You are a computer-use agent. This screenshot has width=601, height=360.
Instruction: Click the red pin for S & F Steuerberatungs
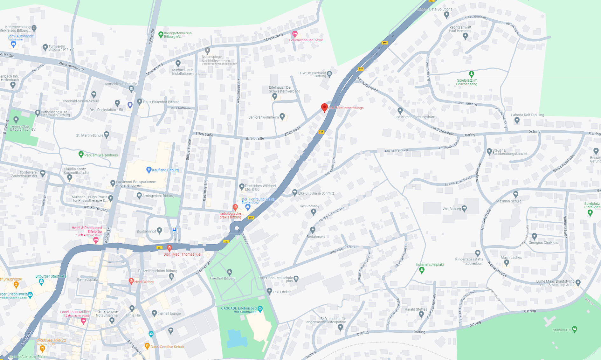(x=324, y=107)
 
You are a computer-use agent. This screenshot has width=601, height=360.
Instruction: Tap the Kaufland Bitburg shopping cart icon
(x=149, y=170)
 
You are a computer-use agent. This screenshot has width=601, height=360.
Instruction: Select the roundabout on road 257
(x=237, y=228)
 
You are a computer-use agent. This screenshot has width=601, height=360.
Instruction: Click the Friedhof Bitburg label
(x=223, y=278)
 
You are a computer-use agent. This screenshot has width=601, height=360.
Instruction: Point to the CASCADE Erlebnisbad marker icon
(x=260, y=308)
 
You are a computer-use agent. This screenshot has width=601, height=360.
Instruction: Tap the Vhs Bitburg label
(x=452, y=209)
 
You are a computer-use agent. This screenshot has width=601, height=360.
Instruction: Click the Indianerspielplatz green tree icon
(x=422, y=270)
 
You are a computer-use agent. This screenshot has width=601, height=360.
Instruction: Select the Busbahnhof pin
(x=160, y=230)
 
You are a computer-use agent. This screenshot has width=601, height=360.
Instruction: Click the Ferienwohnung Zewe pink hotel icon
(x=295, y=34)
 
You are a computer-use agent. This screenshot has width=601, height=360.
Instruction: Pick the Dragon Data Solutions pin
(x=446, y=15)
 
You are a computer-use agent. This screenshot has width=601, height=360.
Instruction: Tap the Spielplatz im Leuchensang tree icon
(x=472, y=74)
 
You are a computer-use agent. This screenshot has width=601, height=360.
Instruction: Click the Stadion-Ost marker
(x=574, y=329)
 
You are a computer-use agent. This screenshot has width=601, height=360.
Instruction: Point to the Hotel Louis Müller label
(x=74, y=312)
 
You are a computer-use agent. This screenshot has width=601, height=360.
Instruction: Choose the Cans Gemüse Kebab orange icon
(x=147, y=346)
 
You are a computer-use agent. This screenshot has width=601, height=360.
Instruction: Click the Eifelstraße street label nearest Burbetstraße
(x=204, y=134)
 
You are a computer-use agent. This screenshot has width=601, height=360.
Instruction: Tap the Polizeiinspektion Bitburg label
(x=158, y=271)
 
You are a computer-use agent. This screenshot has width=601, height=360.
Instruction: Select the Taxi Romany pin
(x=313, y=211)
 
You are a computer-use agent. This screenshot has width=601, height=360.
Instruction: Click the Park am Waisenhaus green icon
(x=81, y=154)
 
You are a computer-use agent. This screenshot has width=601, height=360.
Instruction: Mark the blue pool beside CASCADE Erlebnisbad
(x=237, y=338)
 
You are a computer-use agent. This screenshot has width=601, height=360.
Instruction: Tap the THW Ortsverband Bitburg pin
(x=329, y=74)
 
